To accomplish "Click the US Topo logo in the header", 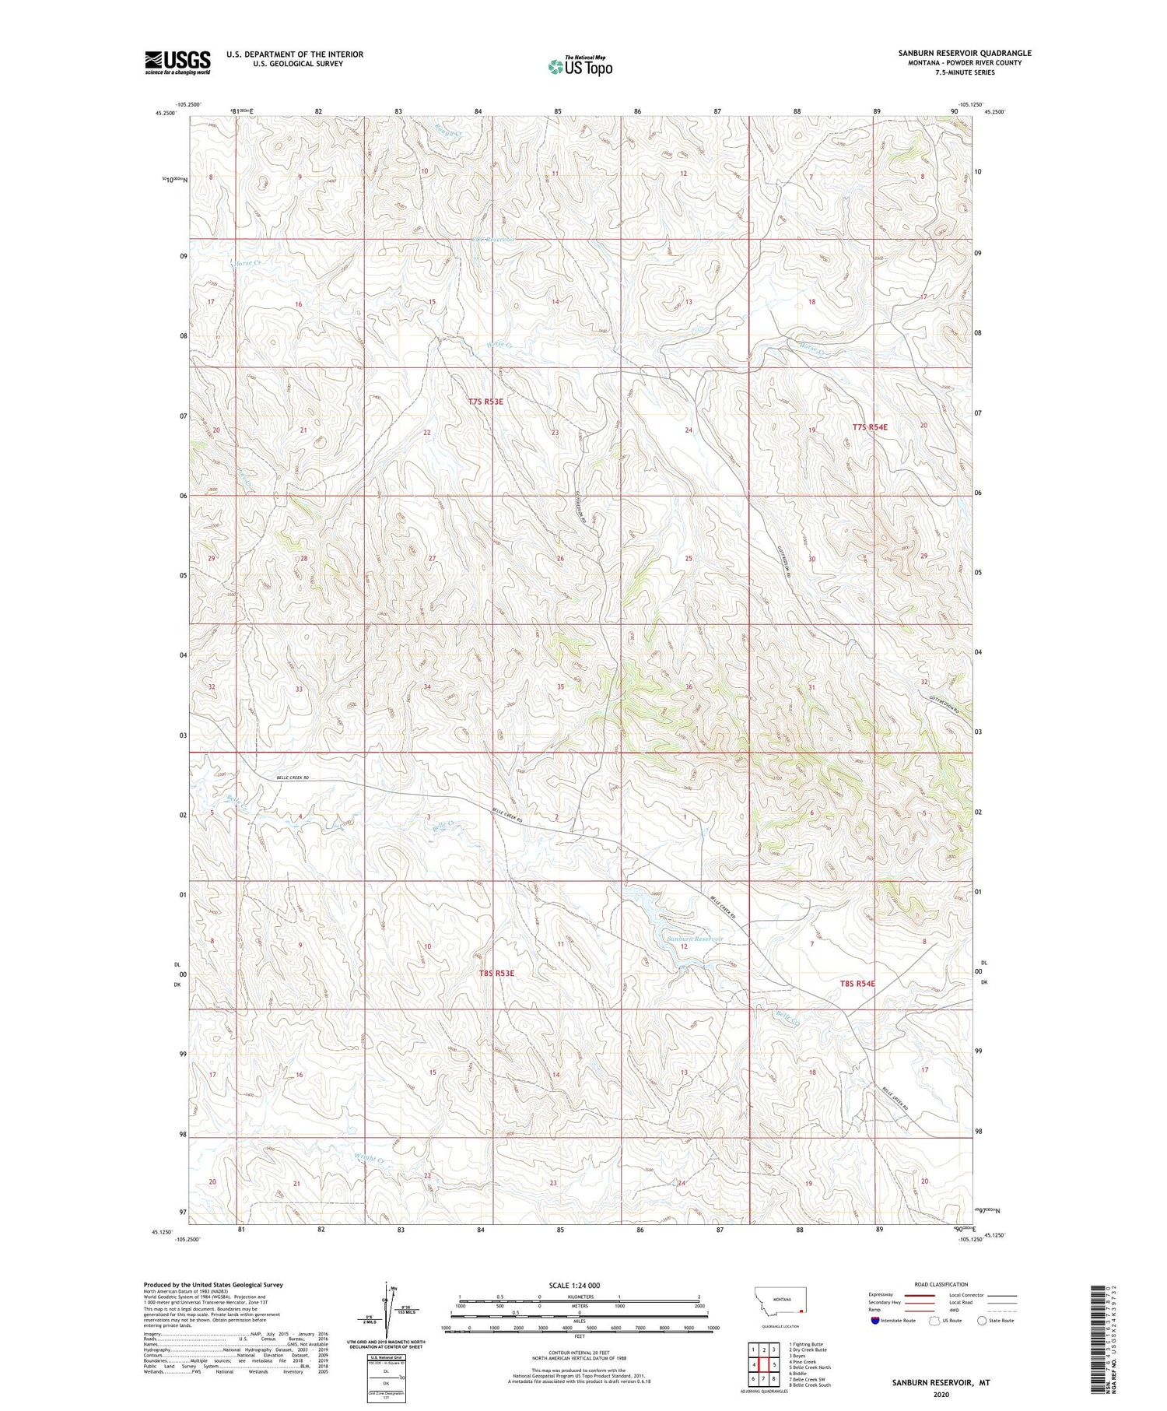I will click(x=580, y=66).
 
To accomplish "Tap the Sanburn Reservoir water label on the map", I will click(x=695, y=939).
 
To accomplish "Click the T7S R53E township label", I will click(x=485, y=402).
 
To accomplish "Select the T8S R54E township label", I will click(x=857, y=984).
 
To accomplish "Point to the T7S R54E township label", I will click(x=869, y=427).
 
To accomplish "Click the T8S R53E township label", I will click(x=496, y=973).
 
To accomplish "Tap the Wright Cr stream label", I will click(x=370, y=1159).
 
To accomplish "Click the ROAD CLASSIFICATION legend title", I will click(x=941, y=1284).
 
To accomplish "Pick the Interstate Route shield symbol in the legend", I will click(x=875, y=1320).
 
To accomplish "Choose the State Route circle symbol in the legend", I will click(x=982, y=1320).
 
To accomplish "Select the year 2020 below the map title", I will click(x=941, y=1394).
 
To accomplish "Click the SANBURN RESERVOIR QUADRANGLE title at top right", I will click(x=964, y=53).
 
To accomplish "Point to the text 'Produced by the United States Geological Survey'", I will click(x=212, y=1285).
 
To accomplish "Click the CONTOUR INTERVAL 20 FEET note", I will click(x=580, y=1353).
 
